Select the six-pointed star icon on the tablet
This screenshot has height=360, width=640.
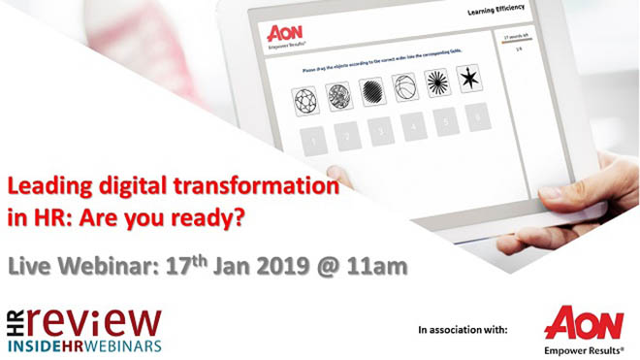tap(471, 77)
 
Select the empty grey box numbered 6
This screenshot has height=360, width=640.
tap(475, 115)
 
